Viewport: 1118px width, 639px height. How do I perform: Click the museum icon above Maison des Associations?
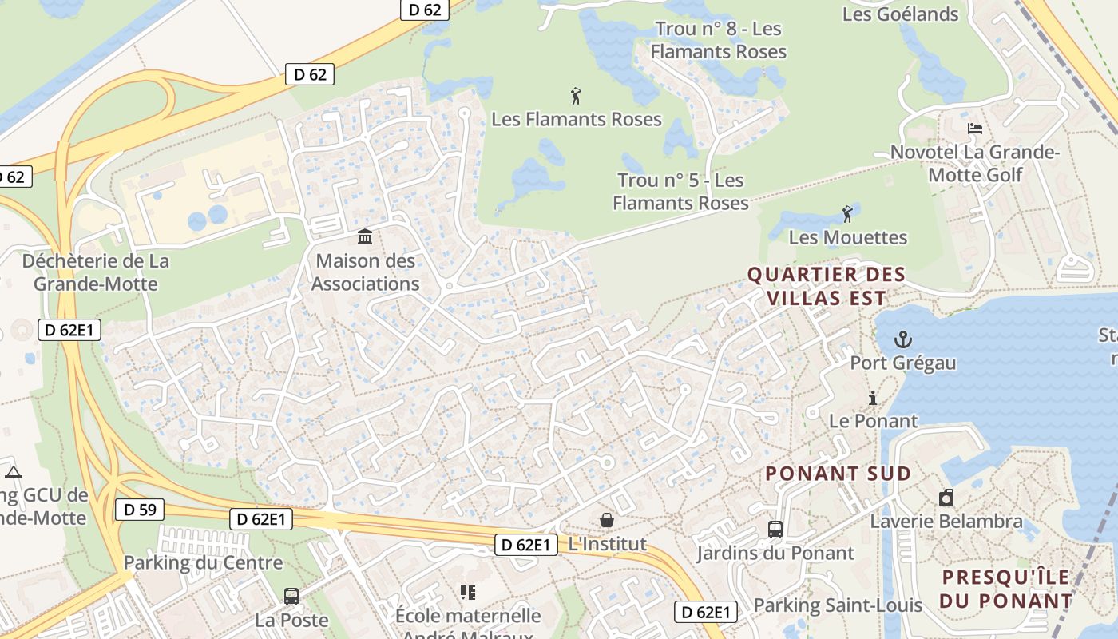click(x=365, y=236)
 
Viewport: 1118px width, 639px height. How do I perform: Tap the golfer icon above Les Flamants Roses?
click(x=576, y=96)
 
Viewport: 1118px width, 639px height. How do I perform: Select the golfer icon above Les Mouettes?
click(x=847, y=214)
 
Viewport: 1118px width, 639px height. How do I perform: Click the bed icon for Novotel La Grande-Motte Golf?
click(x=974, y=129)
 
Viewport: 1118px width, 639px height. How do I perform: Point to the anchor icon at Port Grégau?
click(x=902, y=339)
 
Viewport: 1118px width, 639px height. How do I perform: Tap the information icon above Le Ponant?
click(x=873, y=398)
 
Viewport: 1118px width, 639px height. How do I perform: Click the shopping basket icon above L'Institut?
click(x=607, y=521)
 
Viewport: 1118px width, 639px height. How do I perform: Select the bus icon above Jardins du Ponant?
click(x=775, y=529)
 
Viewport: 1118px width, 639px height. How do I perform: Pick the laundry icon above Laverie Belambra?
click(x=946, y=498)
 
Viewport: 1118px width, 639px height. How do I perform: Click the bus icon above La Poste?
click(x=291, y=596)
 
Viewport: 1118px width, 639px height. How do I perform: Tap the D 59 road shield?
click(x=140, y=510)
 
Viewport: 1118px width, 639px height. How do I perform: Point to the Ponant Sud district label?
click(x=838, y=474)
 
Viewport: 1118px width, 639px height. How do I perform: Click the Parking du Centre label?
click(x=203, y=562)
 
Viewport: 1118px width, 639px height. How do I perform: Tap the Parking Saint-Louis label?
click(x=838, y=605)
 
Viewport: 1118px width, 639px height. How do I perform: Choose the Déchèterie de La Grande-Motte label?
click(x=96, y=272)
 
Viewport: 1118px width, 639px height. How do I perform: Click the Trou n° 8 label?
click(x=718, y=40)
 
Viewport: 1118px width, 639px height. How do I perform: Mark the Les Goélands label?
click(x=900, y=14)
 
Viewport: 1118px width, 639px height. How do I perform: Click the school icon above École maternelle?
click(x=467, y=593)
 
